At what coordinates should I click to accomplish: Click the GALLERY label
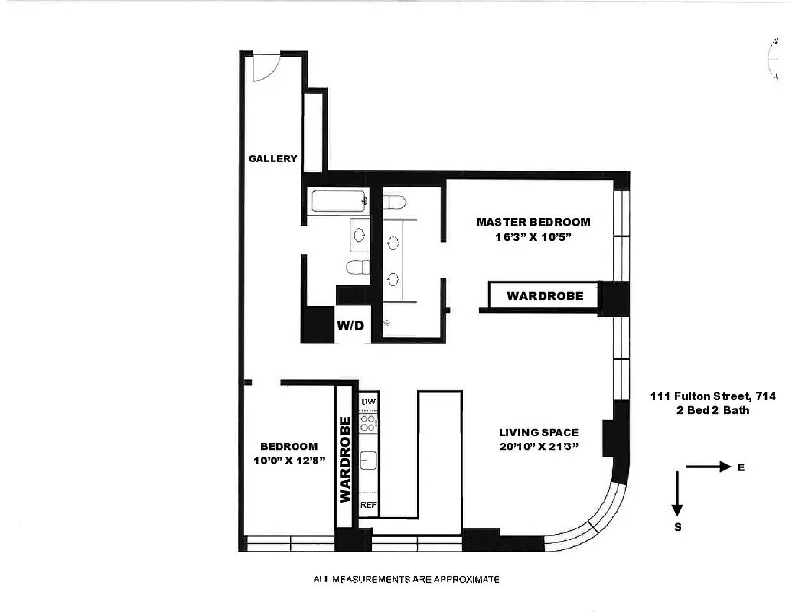coord(272,159)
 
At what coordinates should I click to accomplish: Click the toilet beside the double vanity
coord(394,203)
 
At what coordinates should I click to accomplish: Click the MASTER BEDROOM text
coord(533,222)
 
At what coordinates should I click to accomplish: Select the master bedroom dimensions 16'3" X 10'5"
coord(533,237)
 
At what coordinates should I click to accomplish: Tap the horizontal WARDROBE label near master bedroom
coord(545,295)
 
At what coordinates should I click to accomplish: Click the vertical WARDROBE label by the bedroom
coord(344,459)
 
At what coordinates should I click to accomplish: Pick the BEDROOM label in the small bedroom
coord(288,447)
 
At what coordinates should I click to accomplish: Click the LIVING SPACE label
coord(538,432)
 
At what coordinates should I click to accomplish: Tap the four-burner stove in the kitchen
coord(368,423)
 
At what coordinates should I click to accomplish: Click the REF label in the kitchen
coord(368,505)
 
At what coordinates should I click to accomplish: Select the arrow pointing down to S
coord(677,494)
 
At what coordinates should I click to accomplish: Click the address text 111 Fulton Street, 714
coord(713,396)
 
